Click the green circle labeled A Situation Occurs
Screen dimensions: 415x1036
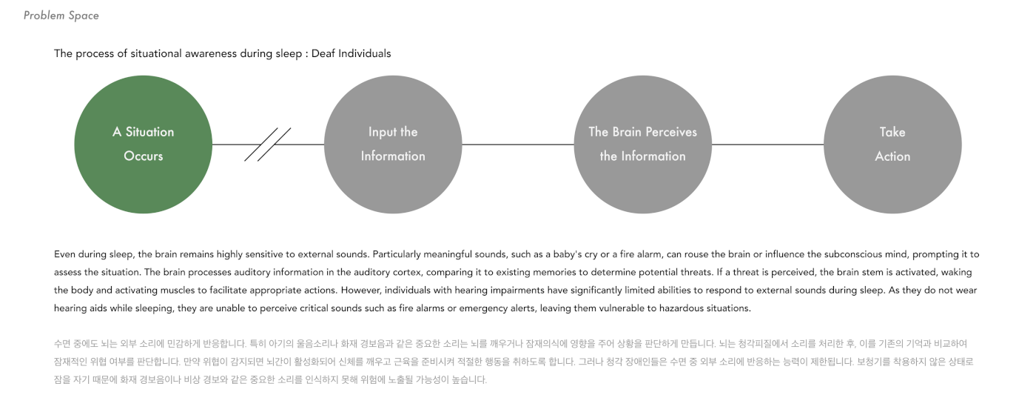coord(144,145)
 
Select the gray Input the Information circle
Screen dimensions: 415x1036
coord(393,145)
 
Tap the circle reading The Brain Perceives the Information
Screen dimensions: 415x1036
coord(642,145)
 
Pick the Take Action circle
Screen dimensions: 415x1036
coord(892,145)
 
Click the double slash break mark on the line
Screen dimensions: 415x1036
coord(268,145)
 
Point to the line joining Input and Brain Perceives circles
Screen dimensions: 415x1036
coord(518,145)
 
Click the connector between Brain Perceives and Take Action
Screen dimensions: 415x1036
coord(767,145)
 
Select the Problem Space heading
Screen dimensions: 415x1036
coord(61,16)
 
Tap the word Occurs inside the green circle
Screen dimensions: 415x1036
coord(144,156)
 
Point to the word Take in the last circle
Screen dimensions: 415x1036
coord(892,132)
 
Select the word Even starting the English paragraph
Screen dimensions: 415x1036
coord(65,254)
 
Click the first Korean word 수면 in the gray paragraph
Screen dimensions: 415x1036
coord(62,345)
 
